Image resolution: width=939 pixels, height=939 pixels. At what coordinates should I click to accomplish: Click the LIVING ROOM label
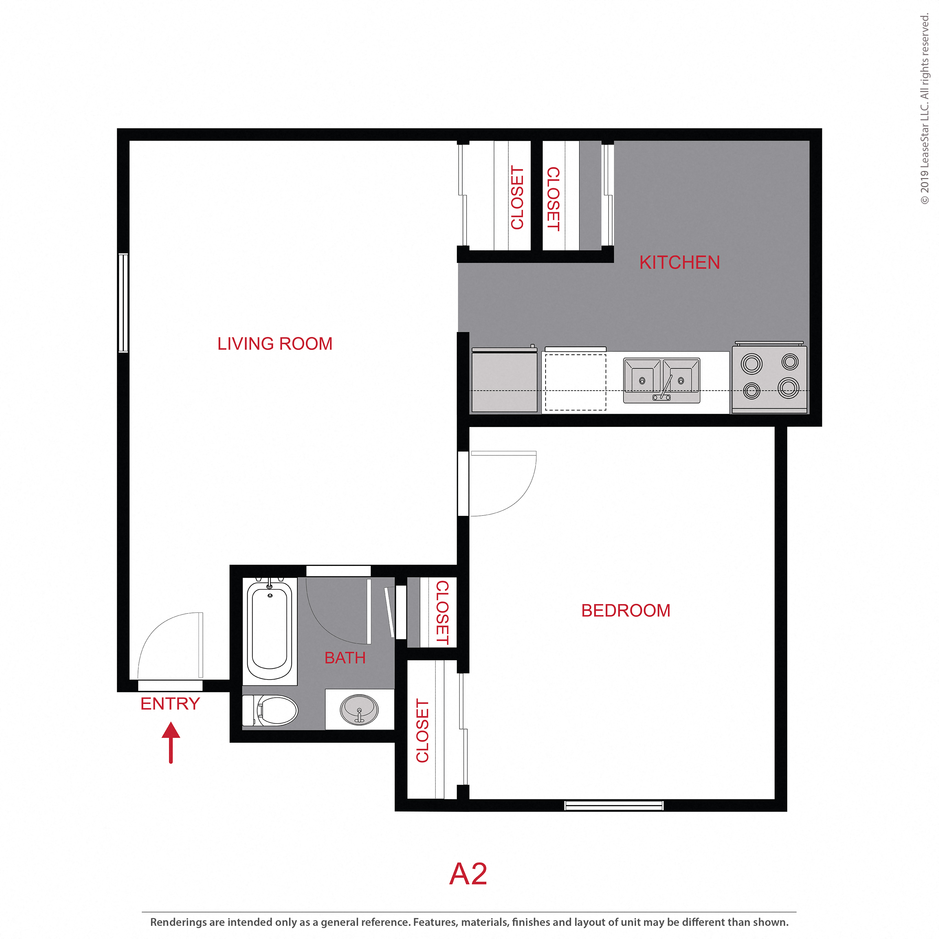pos(275,344)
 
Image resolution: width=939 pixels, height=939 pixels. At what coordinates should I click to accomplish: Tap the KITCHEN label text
pos(679,263)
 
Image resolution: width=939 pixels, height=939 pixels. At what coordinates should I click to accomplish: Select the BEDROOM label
pos(625,610)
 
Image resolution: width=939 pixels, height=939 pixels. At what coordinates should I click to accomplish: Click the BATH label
pos(345,658)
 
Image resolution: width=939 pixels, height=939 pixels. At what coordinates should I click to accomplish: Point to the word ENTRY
pos(170,704)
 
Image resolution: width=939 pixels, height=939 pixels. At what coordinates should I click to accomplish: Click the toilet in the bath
pos(272,710)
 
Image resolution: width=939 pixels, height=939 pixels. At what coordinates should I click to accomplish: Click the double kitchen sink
pos(661,380)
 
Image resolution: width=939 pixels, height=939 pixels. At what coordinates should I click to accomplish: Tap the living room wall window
pos(123,302)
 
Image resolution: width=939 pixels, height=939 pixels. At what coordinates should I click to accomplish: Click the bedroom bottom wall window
pos(613,805)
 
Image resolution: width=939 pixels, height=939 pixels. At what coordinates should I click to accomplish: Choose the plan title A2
pos(468,873)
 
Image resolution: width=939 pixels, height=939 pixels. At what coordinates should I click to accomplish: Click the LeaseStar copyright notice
pos(924,109)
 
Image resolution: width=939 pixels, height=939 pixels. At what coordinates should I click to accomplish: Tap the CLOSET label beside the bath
pos(442,613)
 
